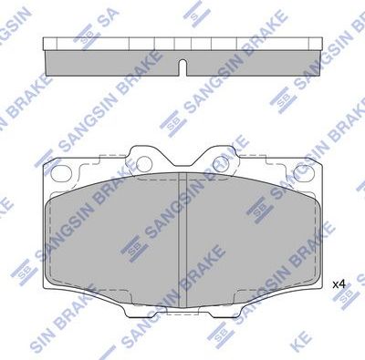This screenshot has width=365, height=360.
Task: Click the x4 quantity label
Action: [x=339, y=284]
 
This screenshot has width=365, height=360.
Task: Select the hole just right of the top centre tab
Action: [x=219, y=165]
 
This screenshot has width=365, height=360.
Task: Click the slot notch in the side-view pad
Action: [x=182, y=67]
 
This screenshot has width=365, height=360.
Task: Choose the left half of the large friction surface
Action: [x=114, y=237]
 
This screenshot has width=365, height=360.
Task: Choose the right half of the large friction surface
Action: [x=251, y=237]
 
